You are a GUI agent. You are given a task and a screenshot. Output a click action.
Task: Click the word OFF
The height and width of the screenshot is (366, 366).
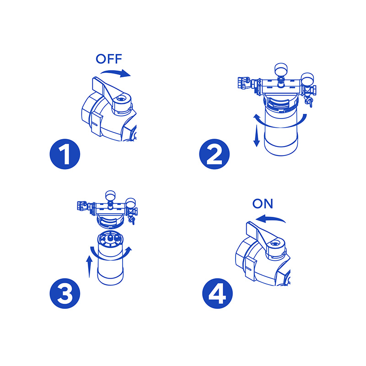click(109, 59)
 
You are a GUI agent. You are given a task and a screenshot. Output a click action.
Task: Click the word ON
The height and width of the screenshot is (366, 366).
click(263, 204)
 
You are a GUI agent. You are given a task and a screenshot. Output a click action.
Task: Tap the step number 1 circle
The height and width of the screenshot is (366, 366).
click(65, 154)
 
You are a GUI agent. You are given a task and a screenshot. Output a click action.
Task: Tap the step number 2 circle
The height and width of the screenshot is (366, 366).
click(214, 154)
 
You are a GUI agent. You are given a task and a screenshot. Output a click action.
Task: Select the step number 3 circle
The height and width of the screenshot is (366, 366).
click(65, 293)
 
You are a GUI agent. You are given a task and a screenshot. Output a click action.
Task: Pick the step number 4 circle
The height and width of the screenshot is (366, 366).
click(218, 293)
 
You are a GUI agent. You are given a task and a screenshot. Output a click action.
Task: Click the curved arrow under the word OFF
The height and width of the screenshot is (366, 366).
click(116, 72)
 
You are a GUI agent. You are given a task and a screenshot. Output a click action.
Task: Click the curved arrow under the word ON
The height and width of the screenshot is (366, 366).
click(270, 219)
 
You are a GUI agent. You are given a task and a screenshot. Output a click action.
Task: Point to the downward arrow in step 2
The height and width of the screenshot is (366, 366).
click(257, 136)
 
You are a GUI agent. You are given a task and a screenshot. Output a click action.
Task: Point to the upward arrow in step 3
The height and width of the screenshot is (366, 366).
click(89, 266)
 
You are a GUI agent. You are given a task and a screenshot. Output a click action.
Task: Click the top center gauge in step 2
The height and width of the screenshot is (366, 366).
click(281, 69)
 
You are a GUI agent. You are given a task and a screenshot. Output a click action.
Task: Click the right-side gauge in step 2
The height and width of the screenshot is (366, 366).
click(307, 79)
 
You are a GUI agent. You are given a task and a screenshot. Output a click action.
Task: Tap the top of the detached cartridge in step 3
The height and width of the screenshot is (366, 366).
click(110, 238)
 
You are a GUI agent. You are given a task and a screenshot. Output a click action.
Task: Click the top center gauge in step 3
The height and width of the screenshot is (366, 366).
click(110, 196)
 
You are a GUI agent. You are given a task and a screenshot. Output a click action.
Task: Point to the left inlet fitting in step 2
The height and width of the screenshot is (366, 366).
click(244, 83)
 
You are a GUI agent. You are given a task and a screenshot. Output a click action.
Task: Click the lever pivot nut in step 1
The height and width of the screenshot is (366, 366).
click(121, 98)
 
